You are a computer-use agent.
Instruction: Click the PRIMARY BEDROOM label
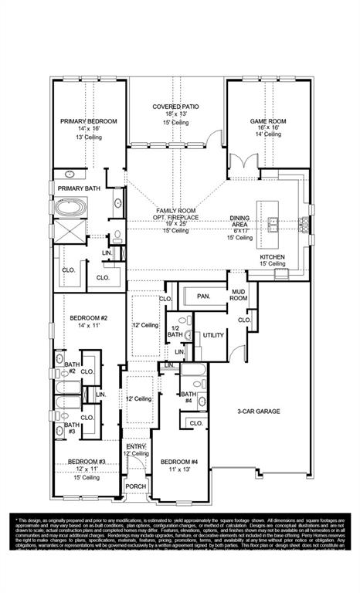[89, 122]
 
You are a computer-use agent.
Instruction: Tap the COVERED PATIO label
[176, 106]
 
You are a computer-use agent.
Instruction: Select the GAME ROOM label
[267, 121]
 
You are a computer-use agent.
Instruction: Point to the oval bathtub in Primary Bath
[70, 208]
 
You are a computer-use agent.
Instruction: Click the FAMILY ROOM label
[175, 211]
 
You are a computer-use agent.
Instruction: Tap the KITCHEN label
[272, 256]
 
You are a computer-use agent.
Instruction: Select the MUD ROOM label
[239, 293]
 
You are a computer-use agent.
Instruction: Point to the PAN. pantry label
[203, 296]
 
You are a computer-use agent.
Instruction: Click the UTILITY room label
[212, 335]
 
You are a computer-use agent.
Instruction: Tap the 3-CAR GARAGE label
[258, 412]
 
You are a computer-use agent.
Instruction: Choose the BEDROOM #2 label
[88, 318]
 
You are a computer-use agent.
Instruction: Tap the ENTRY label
[136, 446]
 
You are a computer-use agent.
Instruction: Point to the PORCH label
[136, 486]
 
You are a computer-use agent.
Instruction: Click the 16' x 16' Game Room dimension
[267, 129]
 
